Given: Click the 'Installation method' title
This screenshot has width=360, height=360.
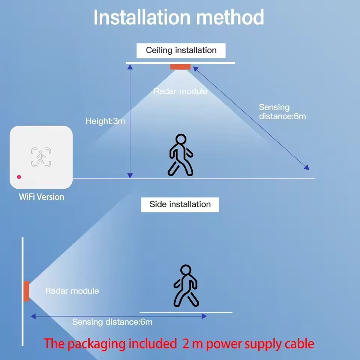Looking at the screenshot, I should pyautogui.click(x=178, y=17).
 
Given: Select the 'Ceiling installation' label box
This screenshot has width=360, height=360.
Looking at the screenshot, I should pyautogui.click(x=181, y=50).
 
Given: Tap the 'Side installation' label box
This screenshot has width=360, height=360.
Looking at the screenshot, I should pyautogui.click(x=180, y=204).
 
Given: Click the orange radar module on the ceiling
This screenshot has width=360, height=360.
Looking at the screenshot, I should pyautogui.click(x=180, y=67).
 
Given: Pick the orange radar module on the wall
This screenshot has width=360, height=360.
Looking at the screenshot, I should pyautogui.click(x=26, y=291).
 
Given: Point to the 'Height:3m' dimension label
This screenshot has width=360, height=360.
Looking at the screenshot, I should pyautogui.click(x=105, y=121).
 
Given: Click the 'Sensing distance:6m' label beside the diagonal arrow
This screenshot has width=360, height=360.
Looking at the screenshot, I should pyautogui.click(x=282, y=112).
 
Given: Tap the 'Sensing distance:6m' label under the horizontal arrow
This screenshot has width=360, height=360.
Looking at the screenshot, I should pyautogui.click(x=112, y=322).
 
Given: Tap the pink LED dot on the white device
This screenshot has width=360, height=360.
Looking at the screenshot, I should pyautogui.click(x=19, y=177).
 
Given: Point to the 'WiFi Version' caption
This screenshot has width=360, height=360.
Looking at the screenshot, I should pyautogui.click(x=42, y=197).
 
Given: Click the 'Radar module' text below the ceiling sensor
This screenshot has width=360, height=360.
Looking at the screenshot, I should pyautogui.click(x=180, y=91).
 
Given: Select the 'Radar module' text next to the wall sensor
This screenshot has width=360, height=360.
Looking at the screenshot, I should pyautogui.click(x=72, y=291).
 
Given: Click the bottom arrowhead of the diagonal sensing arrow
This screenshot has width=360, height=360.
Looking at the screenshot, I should pyautogui.click(x=307, y=168).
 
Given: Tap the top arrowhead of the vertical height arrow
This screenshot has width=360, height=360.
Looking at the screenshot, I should pyautogui.click(x=130, y=67).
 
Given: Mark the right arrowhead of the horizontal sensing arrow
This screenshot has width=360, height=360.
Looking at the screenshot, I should pyautogui.click(x=204, y=316).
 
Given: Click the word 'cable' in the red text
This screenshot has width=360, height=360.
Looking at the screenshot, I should pyautogui.click(x=296, y=343).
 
